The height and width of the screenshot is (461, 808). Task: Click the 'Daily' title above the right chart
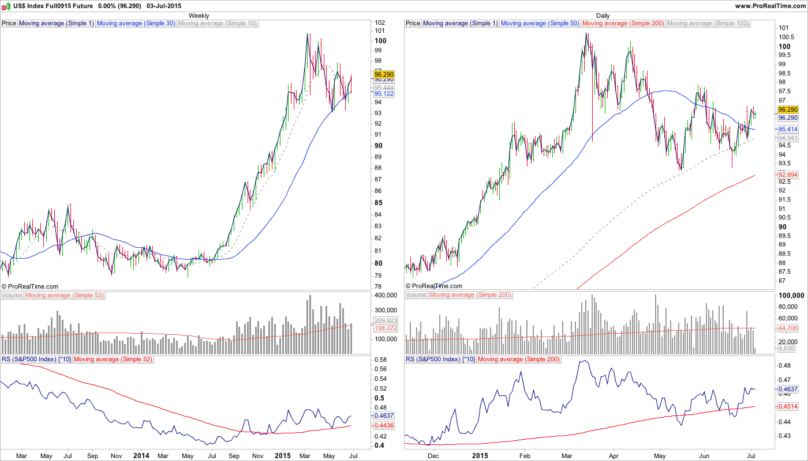[603, 16]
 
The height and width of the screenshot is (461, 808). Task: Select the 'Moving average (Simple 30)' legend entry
[136, 24]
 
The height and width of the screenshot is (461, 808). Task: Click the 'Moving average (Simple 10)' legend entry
[218, 24]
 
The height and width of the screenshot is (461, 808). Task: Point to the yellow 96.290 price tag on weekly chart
[384, 74]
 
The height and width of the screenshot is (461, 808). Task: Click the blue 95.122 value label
[384, 93]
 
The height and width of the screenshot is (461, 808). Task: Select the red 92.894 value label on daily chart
[788, 175]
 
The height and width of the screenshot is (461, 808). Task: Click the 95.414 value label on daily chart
[788, 130]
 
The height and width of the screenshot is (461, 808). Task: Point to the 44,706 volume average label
[788, 328]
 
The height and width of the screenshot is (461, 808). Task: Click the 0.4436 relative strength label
[384, 425]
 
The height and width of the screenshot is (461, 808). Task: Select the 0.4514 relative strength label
[788, 406]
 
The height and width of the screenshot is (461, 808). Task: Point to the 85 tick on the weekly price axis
[379, 203]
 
